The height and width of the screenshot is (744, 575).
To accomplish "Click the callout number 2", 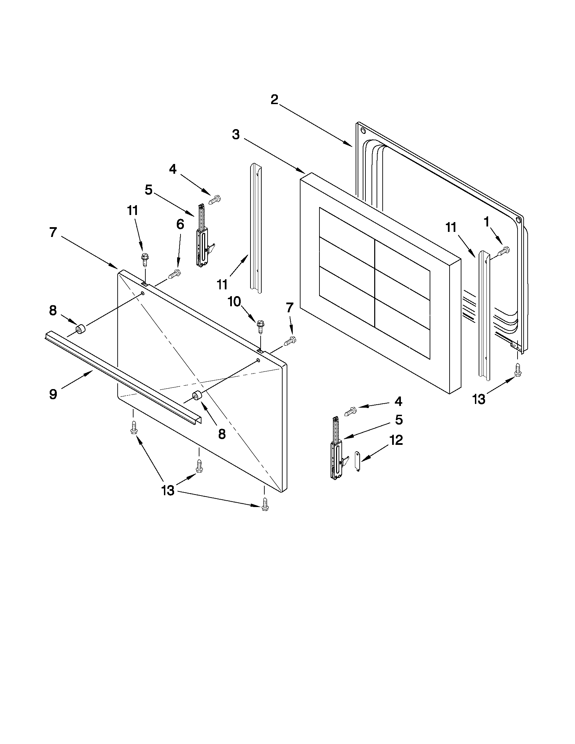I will tap(274, 100).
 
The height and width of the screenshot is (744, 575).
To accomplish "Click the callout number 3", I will tap(236, 135).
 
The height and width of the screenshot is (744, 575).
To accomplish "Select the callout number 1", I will tap(486, 222).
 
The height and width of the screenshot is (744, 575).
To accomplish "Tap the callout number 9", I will tap(53, 394).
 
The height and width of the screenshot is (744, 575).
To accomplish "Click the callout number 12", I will tap(396, 440).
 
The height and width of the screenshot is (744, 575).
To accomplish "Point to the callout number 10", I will tap(234, 302).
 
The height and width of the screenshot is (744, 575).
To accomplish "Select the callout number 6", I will tap(180, 224).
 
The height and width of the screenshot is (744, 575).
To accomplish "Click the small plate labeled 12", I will tap(357, 461).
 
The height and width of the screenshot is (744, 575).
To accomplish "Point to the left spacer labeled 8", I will tap(81, 330).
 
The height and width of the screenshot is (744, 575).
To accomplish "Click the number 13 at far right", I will tap(479, 399).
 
